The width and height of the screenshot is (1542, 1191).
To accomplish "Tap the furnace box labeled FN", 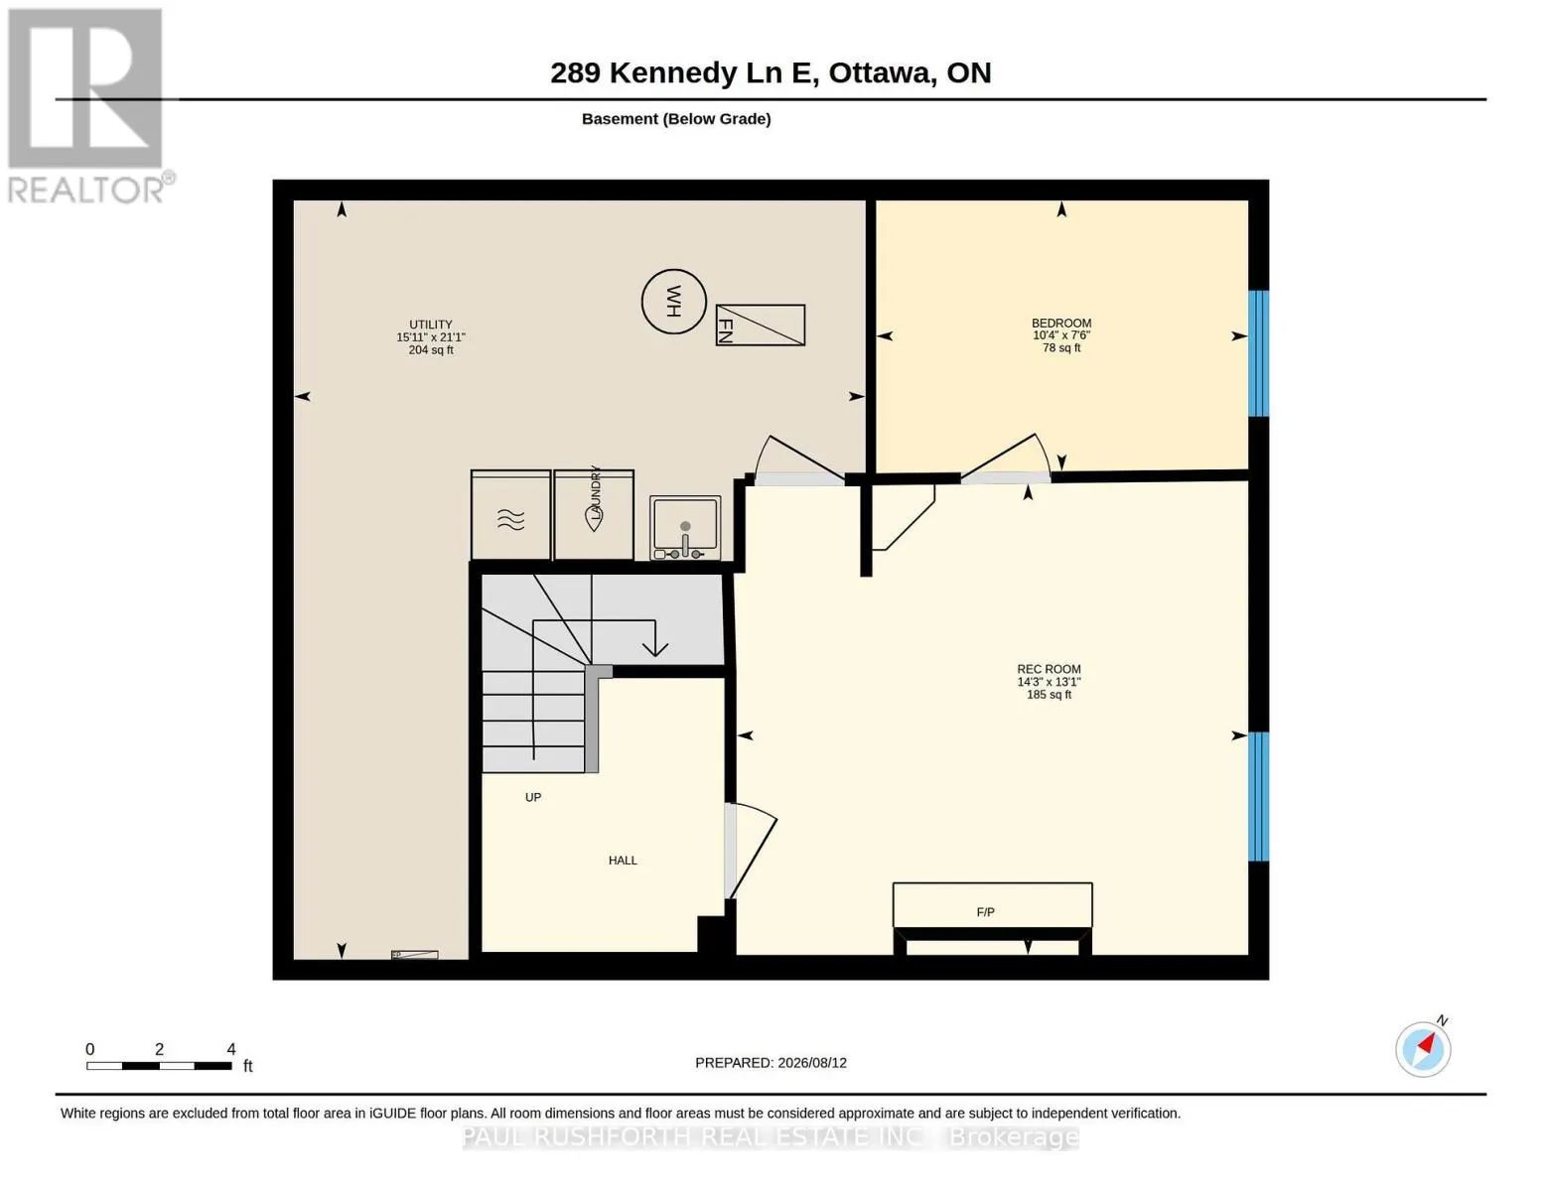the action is tap(760, 325).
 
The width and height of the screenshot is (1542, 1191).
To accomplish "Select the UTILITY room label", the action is tap(431, 325).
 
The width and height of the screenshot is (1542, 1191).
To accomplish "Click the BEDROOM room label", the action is tap(1060, 323).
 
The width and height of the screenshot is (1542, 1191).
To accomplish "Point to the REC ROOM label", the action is tap(1049, 669).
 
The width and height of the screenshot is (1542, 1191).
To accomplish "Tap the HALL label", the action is tap(623, 860).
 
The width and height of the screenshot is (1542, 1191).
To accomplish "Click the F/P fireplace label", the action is tap(985, 912).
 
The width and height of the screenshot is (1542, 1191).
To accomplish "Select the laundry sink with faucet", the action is tap(685, 528).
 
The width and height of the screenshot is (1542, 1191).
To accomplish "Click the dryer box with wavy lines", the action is tap(511, 515).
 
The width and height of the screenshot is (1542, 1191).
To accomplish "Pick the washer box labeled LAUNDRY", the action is tap(593, 515).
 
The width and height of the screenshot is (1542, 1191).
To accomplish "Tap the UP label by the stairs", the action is tap(533, 797).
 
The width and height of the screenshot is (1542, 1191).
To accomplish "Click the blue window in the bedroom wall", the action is tap(1258, 353).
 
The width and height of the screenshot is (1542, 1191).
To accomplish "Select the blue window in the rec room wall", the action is tap(1258, 797).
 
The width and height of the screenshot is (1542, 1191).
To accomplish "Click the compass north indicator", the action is tap(1423, 1049).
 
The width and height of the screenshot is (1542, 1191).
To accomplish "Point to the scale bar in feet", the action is tap(160, 1065).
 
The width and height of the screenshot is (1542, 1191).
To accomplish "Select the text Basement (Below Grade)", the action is tap(676, 119).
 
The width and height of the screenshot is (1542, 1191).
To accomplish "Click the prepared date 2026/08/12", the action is tap(812, 1063).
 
